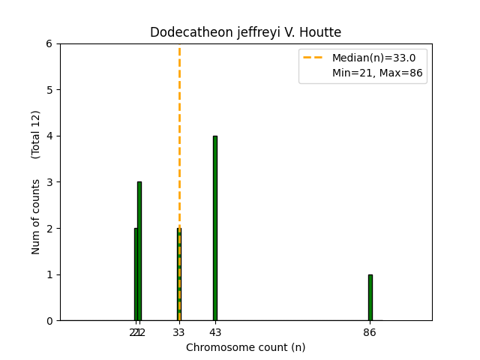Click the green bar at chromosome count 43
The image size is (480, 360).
(214, 228)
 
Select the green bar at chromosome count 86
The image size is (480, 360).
(370, 298)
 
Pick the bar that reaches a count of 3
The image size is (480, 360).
(139, 251)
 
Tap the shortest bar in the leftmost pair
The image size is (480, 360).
(136, 274)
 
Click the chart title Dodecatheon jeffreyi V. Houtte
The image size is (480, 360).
(245, 32)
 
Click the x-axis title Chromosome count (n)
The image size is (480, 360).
(245, 347)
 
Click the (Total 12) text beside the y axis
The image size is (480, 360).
(36, 134)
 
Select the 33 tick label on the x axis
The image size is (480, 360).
(178, 331)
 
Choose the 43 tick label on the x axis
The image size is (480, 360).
(214, 331)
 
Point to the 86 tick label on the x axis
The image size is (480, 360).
(370, 331)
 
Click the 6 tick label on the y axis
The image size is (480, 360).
(49, 43)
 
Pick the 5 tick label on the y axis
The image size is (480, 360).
(49, 90)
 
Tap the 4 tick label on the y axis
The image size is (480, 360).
(49, 136)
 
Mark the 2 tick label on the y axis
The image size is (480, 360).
(49, 228)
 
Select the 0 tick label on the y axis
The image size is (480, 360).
(49, 320)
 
